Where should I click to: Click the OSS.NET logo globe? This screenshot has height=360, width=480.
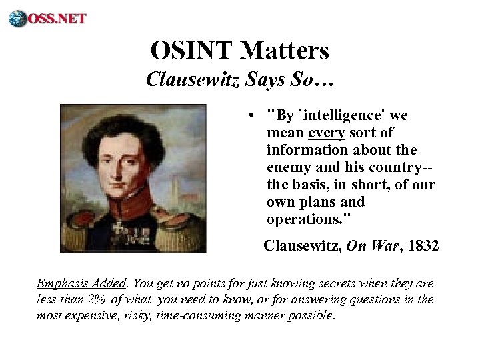pyautogui.click(x=17, y=18)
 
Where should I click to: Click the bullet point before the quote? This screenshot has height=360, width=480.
pyautogui.click(x=249, y=116)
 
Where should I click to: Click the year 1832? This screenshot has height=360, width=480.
pyautogui.click(x=423, y=246)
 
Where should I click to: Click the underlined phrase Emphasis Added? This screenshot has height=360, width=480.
pyautogui.click(x=68, y=283)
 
